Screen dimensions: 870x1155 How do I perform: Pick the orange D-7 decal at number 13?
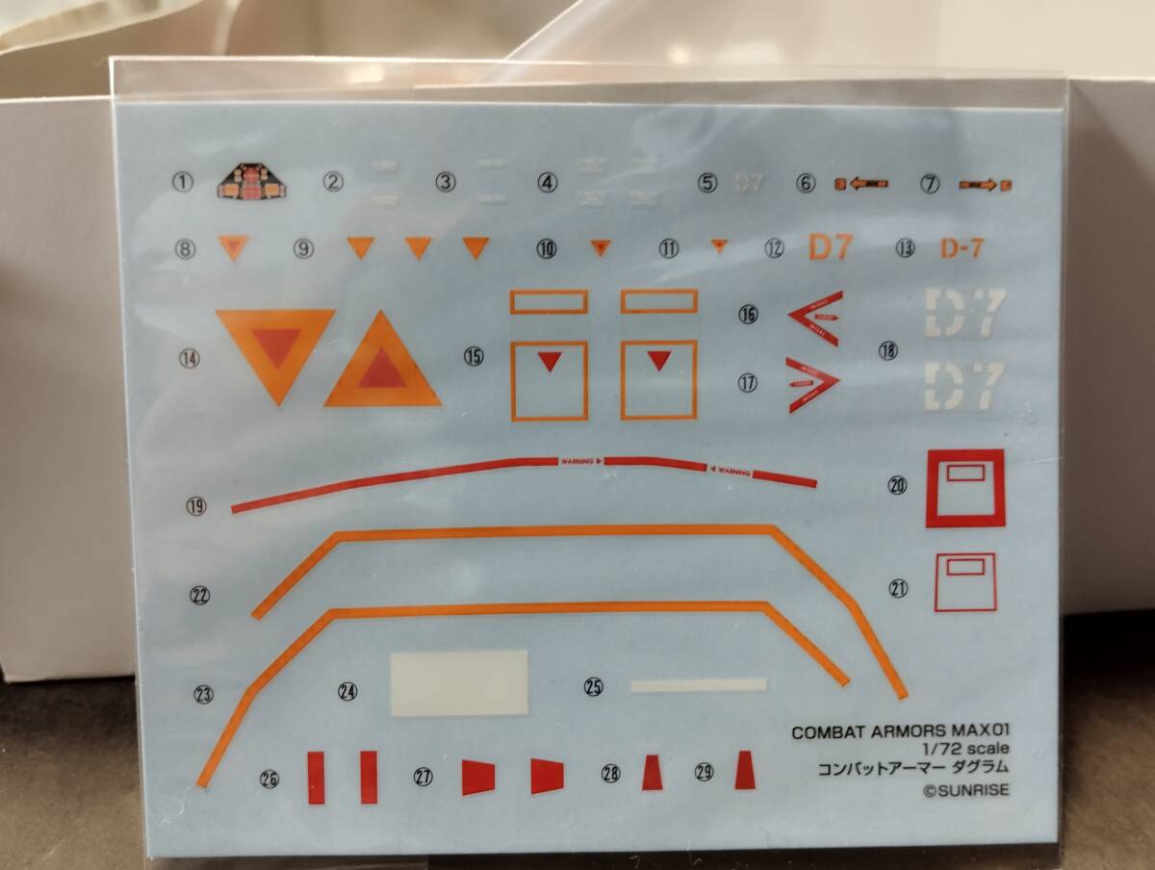pyautogui.click(x=961, y=248)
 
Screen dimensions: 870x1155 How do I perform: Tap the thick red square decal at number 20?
pyautogui.click(x=964, y=488)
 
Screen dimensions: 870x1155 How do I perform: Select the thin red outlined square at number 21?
pyautogui.click(x=964, y=581)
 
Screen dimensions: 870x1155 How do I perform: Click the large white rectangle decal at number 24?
pyautogui.click(x=459, y=682)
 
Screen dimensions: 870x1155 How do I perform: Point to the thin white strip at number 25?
pyautogui.click(x=698, y=685)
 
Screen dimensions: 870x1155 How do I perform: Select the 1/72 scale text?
pyautogui.click(x=966, y=750)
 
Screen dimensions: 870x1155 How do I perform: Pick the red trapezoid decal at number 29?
pyautogui.click(x=744, y=771)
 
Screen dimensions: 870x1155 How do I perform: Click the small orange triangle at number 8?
pyautogui.click(x=233, y=247)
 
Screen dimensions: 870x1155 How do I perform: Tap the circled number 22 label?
pyautogui.click(x=200, y=596)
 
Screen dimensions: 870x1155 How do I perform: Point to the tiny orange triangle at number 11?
pyautogui.click(x=718, y=246)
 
